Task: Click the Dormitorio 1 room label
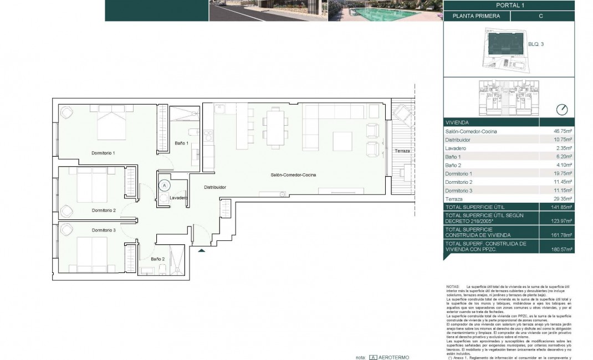(x=104, y=152)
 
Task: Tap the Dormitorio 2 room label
(x=104, y=210)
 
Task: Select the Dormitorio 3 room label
(x=104, y=230)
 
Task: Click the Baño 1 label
(x=182, y=143)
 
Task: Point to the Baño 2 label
(x=157, y=259)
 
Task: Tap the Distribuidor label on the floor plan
(x=214, y=187)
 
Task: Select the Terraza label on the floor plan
(x=402, y=151)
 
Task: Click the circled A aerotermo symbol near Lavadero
(x=164, y=186)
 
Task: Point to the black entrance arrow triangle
(x=201, y=251)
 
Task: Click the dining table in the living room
(x=275, y=126)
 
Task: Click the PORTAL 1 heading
(x=508, y=5)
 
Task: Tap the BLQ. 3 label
(x=536, y=44)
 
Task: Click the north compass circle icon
(x=562, y=110)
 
